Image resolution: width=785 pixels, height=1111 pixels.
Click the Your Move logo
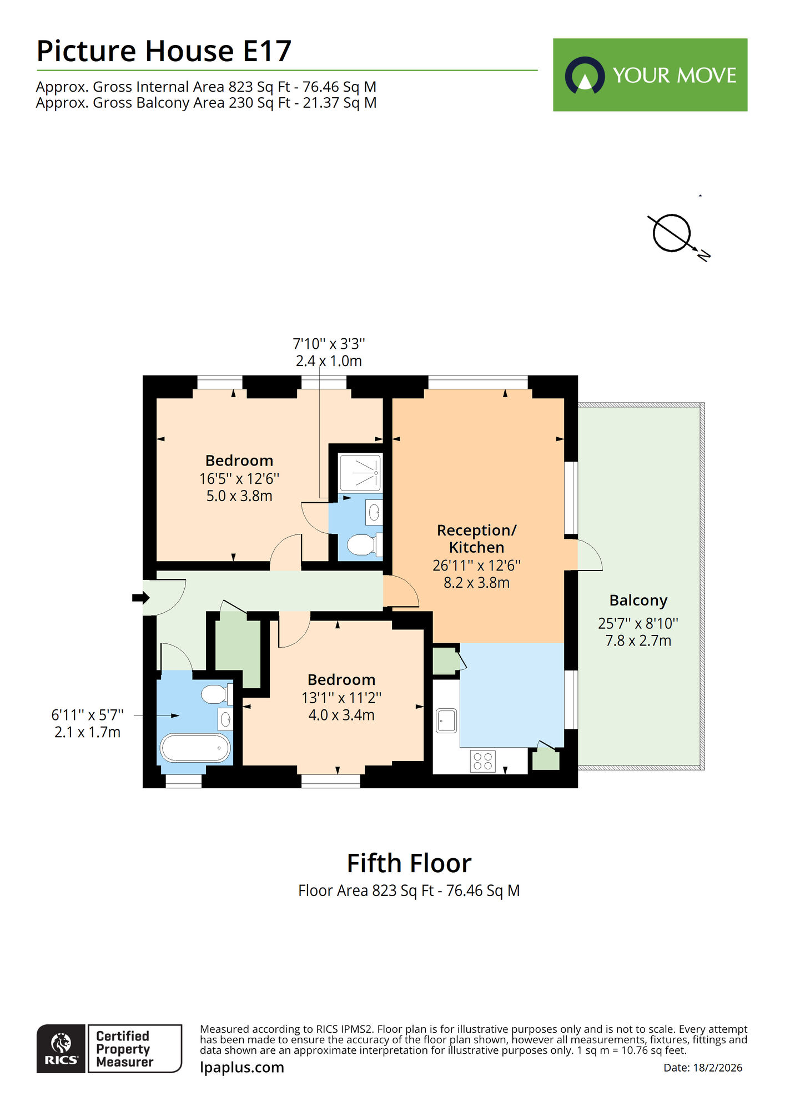650,75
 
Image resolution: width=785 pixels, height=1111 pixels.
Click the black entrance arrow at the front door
140,598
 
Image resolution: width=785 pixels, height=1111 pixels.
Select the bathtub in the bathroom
195,748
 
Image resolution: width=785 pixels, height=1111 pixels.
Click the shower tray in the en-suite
360,472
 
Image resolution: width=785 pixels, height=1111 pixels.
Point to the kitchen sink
446,720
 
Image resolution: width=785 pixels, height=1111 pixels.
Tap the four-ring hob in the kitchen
482,761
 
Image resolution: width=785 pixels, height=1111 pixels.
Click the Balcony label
638,600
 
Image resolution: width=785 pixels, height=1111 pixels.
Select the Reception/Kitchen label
476,538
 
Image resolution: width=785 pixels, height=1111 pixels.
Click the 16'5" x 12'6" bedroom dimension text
239,478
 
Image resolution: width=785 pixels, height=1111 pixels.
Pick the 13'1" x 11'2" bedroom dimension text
341,698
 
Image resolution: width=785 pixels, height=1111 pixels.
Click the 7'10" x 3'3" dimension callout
329,344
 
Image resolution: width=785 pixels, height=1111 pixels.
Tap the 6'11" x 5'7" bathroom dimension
87,715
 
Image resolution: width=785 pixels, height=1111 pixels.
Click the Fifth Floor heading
409,864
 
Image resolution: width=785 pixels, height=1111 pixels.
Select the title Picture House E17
164,51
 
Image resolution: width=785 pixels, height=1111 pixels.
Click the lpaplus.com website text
242,1068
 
